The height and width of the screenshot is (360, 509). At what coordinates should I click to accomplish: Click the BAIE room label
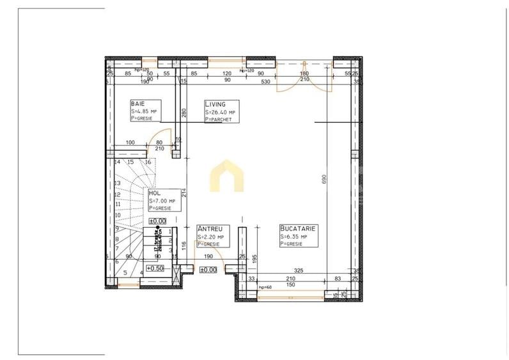pos(137,104)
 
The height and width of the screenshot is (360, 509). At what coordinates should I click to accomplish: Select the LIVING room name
pos(214,104)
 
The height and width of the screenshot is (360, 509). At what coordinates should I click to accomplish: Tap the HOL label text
pos(154,192)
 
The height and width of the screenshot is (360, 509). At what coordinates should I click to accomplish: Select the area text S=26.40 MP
pos(221,112)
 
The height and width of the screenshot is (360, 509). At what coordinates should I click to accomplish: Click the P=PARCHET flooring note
pos(219,119)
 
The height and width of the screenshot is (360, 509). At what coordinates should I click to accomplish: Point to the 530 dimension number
pos(265,81)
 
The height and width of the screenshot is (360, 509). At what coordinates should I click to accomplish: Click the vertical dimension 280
pos(183,113)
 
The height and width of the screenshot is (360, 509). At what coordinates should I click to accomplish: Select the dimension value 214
pos(183,191)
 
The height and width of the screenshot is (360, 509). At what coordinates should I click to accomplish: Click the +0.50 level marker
pos(155,269)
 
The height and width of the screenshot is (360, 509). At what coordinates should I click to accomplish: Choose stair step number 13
pos(118,183)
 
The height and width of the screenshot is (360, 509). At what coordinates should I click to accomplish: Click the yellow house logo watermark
pos(228,176)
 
